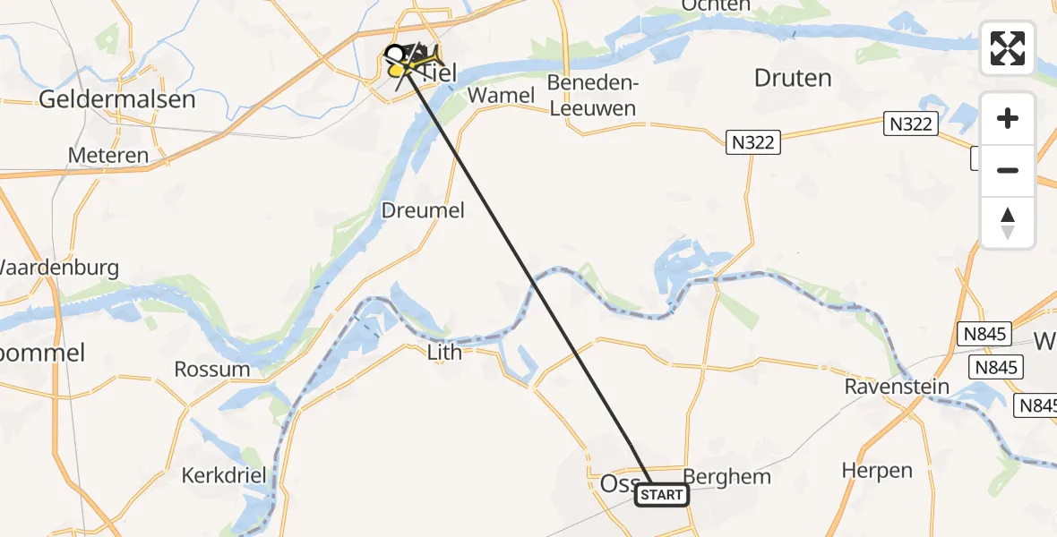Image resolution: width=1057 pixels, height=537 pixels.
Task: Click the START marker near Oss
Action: tap(662, 495)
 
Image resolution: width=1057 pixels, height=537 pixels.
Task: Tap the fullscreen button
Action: tap(1008, 48)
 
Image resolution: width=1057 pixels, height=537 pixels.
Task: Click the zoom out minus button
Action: tap(1008, 170)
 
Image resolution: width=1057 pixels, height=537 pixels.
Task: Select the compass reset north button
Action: tap(1008, 223)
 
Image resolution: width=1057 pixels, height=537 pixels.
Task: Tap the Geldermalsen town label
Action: tap(116, 99)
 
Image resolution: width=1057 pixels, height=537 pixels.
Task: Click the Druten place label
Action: tap(793, 78)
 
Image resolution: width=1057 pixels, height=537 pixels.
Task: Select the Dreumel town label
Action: tap(423, 210)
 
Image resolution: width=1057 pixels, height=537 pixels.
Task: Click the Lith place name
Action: tap(444, 352)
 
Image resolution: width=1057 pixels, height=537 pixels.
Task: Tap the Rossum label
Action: tap(212, 370)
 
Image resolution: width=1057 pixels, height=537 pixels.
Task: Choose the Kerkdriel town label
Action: tap(224, 475)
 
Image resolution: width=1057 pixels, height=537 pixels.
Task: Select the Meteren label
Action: tap(108, 156)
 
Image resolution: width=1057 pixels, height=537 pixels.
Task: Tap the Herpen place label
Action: tap(877, 471)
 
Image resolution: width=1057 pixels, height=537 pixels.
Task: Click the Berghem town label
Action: tap(726, 476)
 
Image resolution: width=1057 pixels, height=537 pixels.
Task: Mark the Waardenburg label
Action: tap(59, 268)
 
